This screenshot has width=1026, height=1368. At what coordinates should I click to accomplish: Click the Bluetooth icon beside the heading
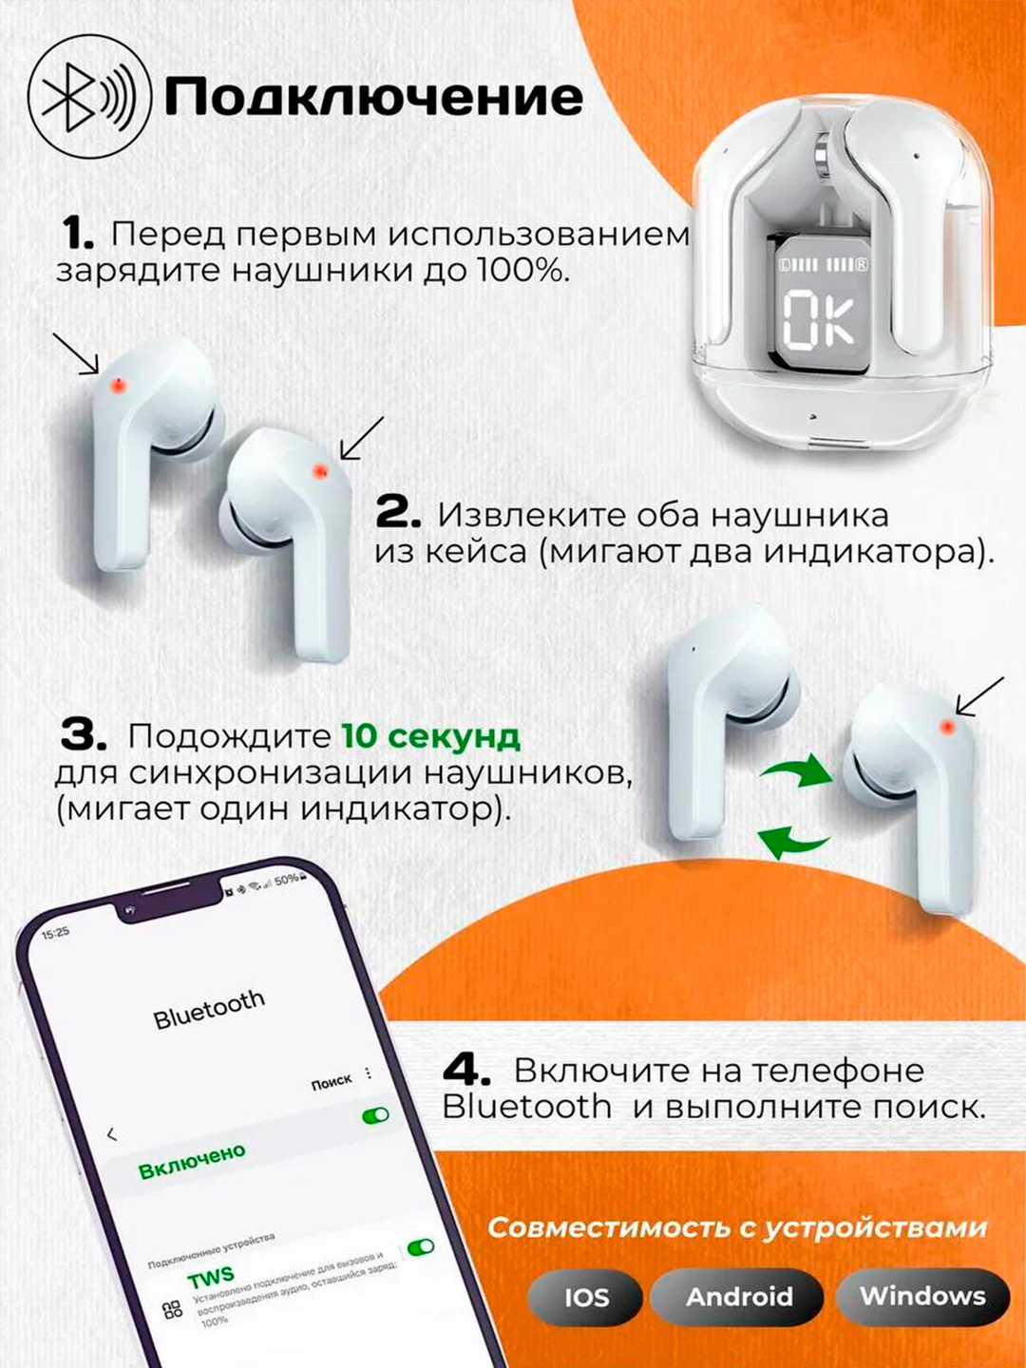[x=89, y=97]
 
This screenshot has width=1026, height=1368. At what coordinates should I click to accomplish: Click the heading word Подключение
[x=373, y=97]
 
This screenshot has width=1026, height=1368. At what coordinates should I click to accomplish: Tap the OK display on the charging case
[x=820, y=318]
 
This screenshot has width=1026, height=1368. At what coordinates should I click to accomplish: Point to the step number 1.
[x=77, y=234]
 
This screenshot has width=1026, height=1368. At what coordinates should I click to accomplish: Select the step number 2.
[x=398, y=514]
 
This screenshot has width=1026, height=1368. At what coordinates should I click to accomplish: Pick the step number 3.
[x=84, y=735]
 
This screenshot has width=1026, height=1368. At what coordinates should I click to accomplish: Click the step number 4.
[x=466, y=1071]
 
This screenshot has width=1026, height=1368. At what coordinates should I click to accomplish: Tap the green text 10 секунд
[x=430, y=736]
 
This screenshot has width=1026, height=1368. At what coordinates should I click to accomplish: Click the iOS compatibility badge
[x=585, y=1297]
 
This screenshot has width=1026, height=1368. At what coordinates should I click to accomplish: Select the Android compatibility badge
[x=739, y=1297]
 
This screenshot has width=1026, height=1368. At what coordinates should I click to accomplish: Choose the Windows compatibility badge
[x=922, y=1296]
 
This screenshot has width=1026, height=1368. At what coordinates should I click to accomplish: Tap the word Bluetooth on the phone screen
[x=209, y=1010]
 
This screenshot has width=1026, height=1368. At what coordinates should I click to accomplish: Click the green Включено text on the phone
[x=191, y=1161]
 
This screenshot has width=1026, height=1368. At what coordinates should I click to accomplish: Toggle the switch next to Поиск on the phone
[x=376, y=1115]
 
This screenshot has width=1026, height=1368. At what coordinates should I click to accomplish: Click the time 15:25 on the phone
[x=55, y=933]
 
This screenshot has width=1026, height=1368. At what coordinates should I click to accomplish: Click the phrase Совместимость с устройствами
[x=737, y=1227]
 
